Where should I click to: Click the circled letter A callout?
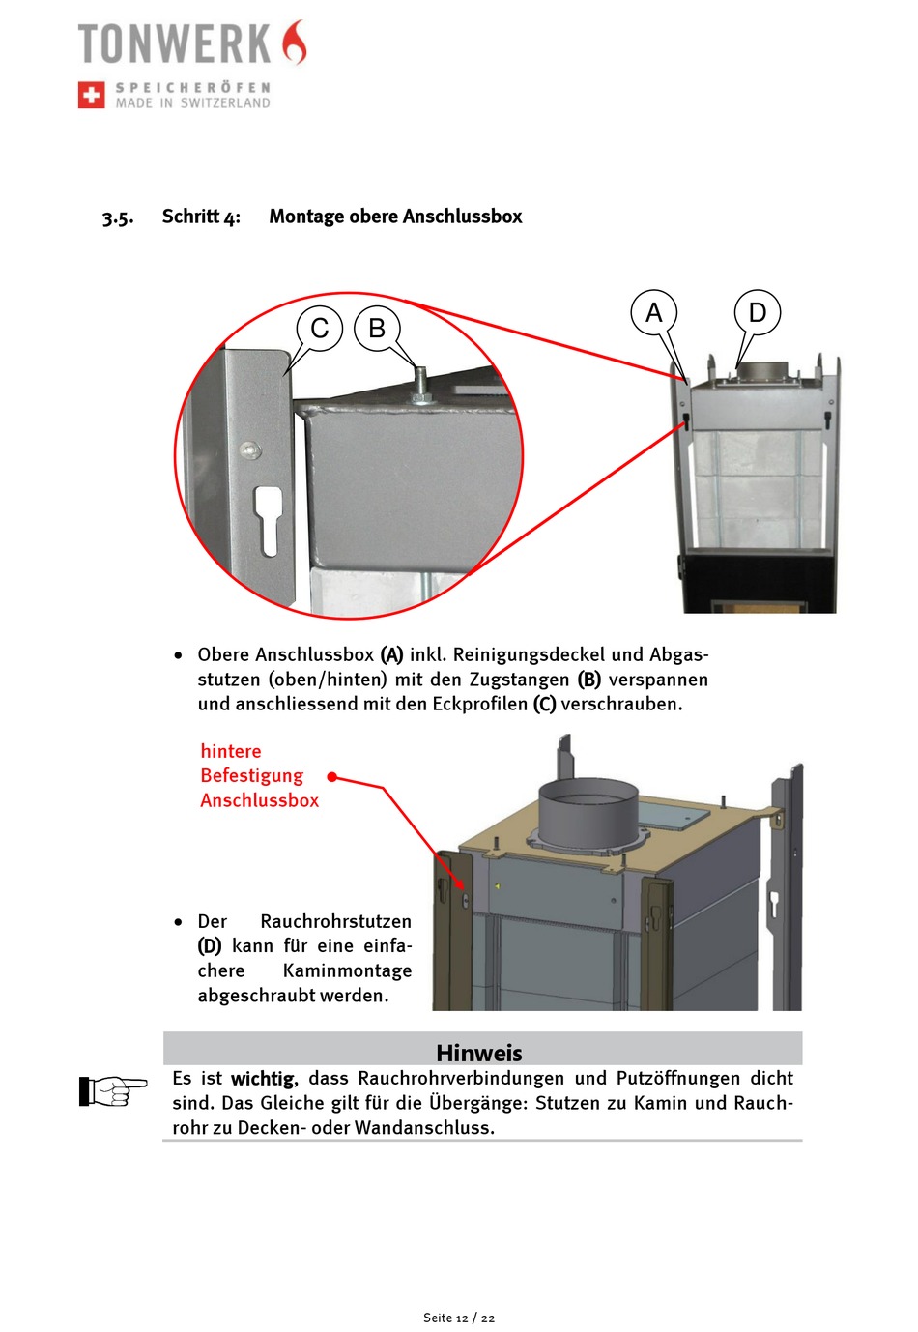coord(654,312)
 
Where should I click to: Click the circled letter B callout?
coord(377,329)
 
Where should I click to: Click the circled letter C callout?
coord(320,329)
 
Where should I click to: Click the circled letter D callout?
coord(758,312)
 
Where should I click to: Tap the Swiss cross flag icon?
coord(92,95)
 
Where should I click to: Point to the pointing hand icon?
coord(112,1090)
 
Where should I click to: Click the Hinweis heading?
coord(479,1052)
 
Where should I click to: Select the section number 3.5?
coord(118,217)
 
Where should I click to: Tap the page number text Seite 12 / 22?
coord(459,1318)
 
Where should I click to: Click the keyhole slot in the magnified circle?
coord(269,520)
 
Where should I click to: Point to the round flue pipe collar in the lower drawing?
coord(588,812)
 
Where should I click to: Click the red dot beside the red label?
coord(332,776)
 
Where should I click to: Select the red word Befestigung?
coord(251,775)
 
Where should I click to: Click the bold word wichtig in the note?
coord(263,1079)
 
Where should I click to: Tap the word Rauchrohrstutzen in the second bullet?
coord(335,921)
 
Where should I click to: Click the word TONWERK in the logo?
coord(175,44)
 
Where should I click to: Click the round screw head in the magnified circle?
coord(249,449)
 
